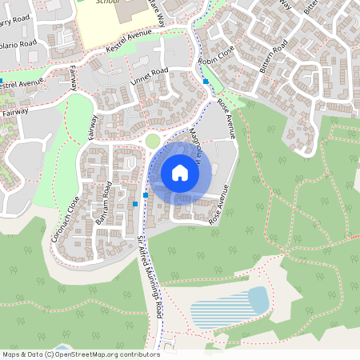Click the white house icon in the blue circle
point(180,173)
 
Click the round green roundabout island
point(153,142)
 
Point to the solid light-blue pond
point(258,300)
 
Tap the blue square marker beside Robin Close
point(206,81)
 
